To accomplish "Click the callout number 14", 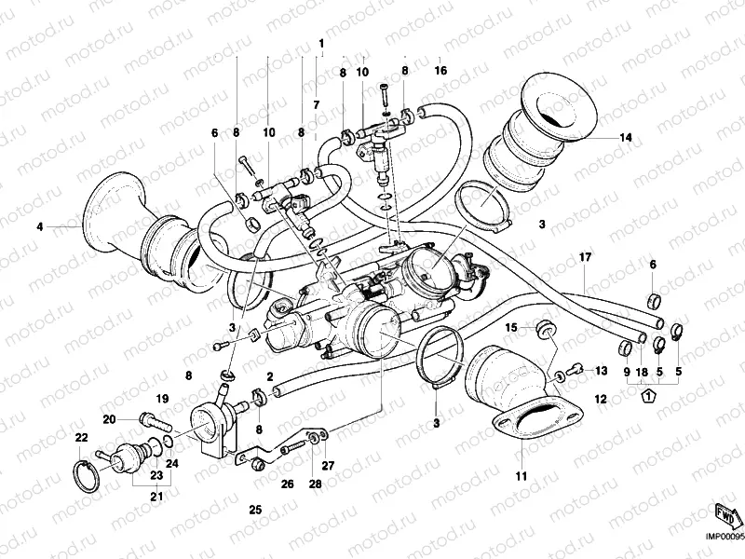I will point(626,138).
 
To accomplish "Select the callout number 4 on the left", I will point(40,225).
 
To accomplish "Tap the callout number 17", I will point(585,257).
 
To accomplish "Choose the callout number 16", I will point(440,71).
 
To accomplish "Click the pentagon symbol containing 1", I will point(646,396).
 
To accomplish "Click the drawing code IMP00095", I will point(723,536).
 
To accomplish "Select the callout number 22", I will point(81,438).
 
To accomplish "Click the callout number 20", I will point(108,418).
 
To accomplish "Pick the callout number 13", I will point(588,371).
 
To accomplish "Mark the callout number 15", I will point(510,327).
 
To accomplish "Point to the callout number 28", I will point(315,484).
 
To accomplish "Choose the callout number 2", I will point(269,376).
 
